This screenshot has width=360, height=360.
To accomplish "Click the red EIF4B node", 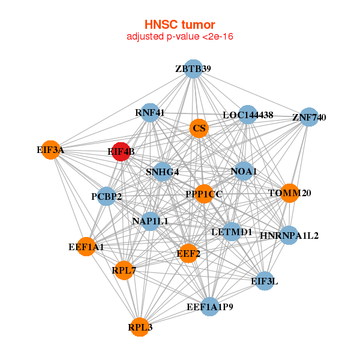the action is pos(120,152).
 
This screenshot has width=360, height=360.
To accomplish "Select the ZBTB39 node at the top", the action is pos(193,68).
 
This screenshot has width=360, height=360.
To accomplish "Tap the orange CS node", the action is pos(199,128).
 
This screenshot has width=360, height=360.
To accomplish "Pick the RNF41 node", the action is pos(150,112).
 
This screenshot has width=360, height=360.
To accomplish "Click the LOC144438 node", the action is pos(248,115).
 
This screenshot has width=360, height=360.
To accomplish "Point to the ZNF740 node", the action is pos(308,117).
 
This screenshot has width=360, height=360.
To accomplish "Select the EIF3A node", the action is pos(53,149).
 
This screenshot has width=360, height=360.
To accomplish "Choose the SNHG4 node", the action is pos(163,172).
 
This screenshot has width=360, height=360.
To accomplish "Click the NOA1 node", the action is pos(243,172).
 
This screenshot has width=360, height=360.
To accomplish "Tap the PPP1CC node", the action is pos(204,194).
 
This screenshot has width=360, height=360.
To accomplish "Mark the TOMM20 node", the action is pos(289,193).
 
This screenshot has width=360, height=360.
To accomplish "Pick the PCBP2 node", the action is pos(106,196).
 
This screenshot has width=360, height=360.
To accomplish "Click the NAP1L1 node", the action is pos(150,221).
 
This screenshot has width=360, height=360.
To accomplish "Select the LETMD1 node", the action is pos(232,231).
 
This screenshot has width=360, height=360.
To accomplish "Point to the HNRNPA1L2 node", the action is pos(289,235).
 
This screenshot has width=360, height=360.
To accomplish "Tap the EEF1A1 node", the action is pos(86,247).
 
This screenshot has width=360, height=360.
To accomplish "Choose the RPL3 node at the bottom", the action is pos(140,327).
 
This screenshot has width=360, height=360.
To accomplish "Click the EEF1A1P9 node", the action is pos(210,307).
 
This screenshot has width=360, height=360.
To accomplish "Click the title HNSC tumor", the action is pos(179,25).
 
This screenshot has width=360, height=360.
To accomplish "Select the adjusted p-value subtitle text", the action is pos(179,37).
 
